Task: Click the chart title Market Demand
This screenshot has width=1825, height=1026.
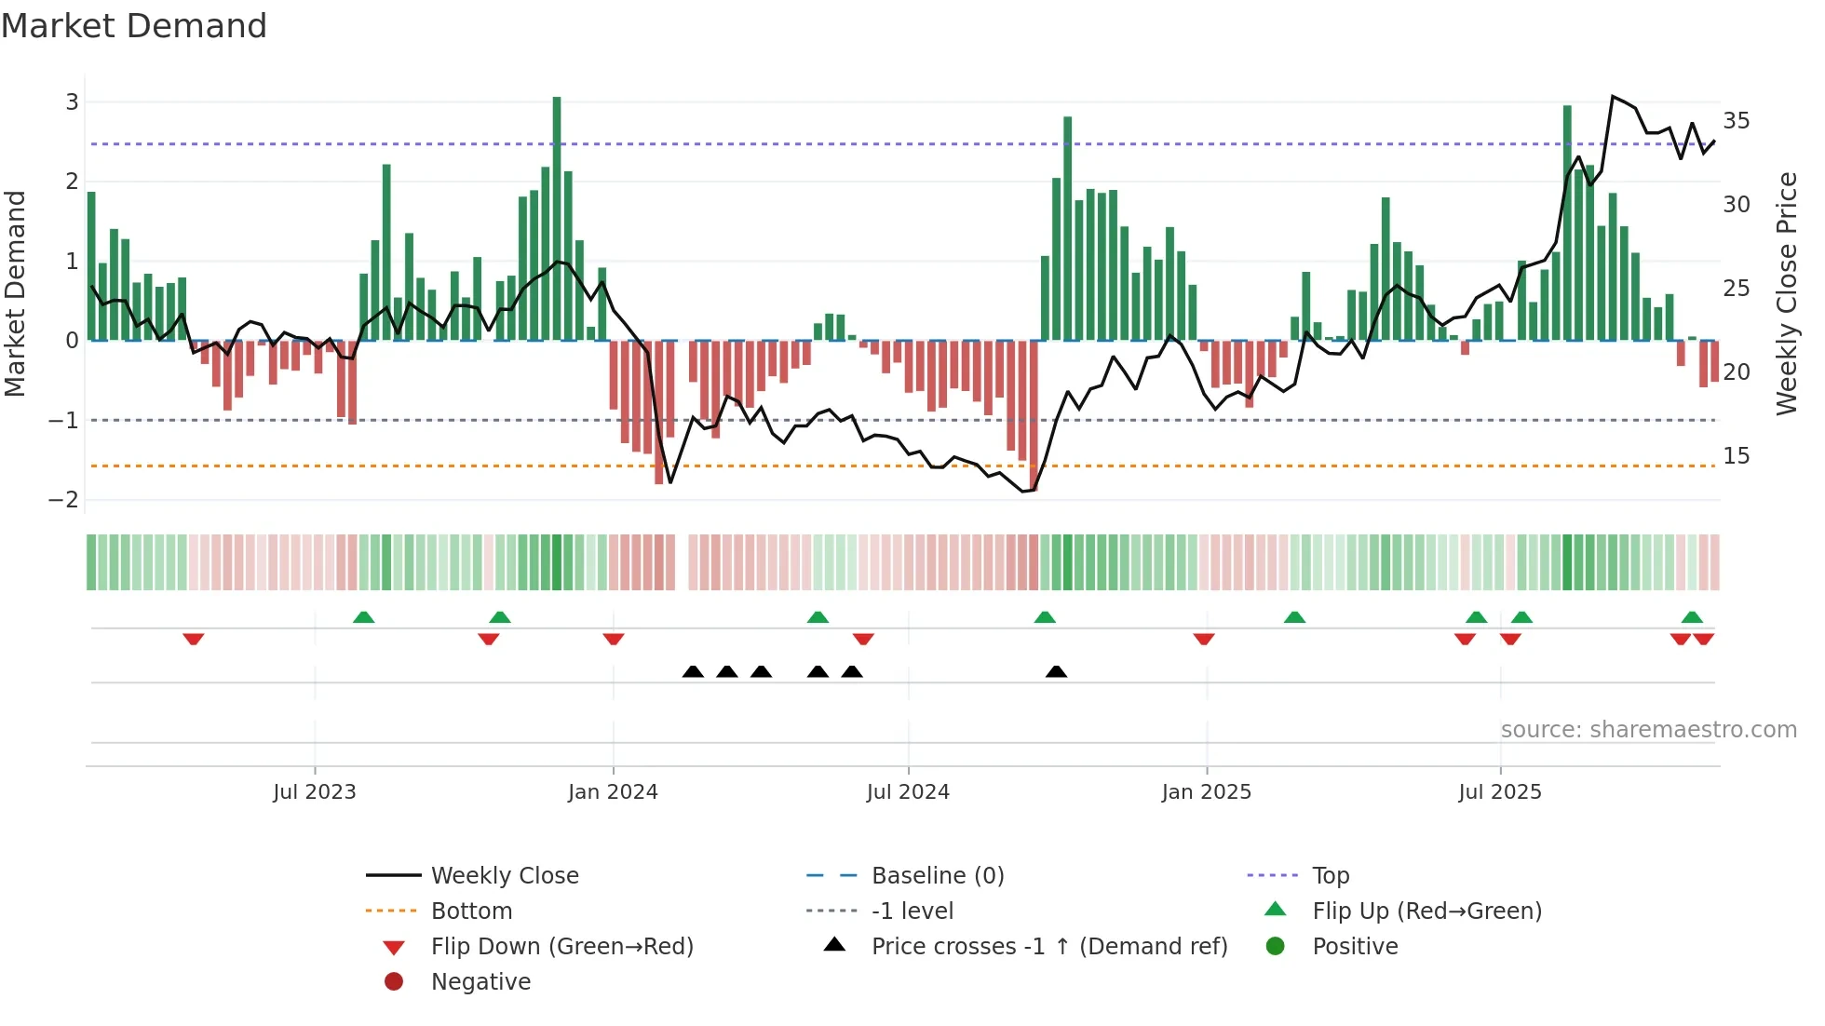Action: coord(134,26)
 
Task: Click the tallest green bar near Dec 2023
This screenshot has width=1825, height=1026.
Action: coord(557,218)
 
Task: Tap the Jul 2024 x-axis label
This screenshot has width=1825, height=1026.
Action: coord(908,792)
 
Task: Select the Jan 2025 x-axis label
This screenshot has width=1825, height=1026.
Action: coord(1207,792)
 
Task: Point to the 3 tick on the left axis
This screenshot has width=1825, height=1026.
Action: coord(72,102)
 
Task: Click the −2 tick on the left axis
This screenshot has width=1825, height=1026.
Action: coord(64,500)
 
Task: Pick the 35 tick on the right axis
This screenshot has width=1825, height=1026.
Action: coord(1737,121)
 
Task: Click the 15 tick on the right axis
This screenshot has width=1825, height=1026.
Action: coord(1737,456)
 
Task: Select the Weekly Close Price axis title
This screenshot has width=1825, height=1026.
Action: coord(1786,293)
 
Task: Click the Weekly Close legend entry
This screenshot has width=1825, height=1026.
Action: coord(504,876)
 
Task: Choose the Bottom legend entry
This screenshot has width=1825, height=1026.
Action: coord(471,911)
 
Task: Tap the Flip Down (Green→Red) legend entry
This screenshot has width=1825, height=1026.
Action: coord(561,947)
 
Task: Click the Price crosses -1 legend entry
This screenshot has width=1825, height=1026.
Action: coord(1048,947)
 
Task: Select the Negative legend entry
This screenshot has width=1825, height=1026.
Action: coord(480,982)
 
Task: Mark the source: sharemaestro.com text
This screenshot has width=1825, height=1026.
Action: coord(1648,730)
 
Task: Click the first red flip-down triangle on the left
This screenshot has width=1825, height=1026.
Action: coord(194,640)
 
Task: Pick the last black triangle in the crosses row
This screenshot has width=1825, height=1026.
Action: coord(1056,671)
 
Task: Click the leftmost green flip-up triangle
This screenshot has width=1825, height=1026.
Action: coord(364,617)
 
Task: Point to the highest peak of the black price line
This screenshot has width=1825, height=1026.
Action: coord(1613,97)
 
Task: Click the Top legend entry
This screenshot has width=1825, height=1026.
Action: coord(1331,876)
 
